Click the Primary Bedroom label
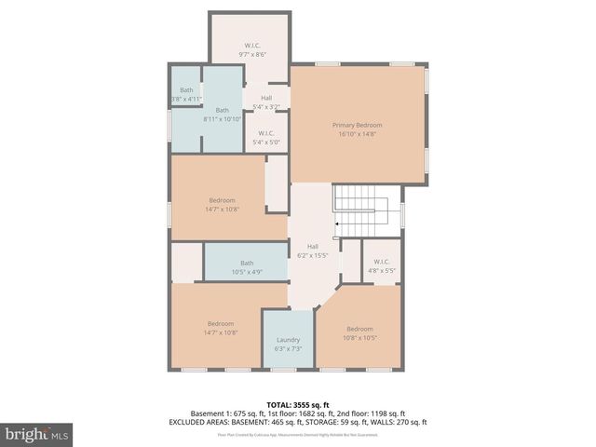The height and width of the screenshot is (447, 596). (358, 125)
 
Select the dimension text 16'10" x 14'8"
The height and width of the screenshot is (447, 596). (358, 134)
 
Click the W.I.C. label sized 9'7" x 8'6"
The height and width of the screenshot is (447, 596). (253, 46)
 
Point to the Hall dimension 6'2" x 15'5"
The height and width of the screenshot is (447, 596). (313, 255)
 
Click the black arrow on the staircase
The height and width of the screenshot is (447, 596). (337, 223)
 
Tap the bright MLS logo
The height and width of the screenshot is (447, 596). (37, 435)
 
